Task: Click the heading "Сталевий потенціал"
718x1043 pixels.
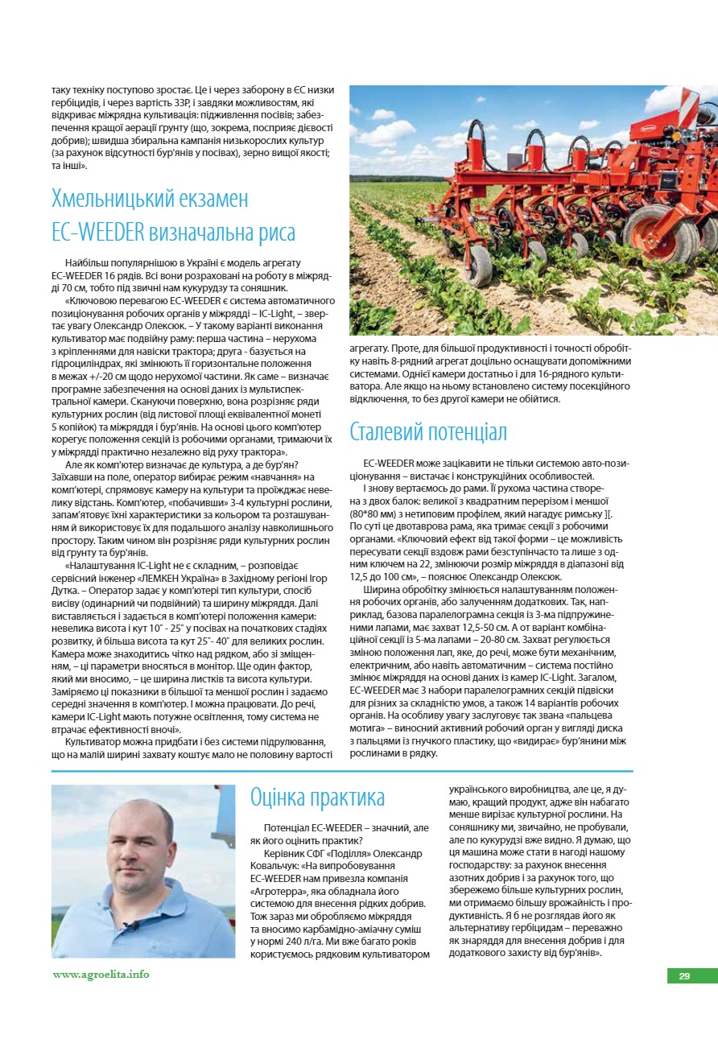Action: coord(428,432)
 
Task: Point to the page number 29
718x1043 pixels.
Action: coord(684,976)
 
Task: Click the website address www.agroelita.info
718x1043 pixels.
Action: coord(101,974)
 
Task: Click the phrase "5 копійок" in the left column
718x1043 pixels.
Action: coord(74,426)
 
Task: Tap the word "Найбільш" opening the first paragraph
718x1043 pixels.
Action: coord(89,263)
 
